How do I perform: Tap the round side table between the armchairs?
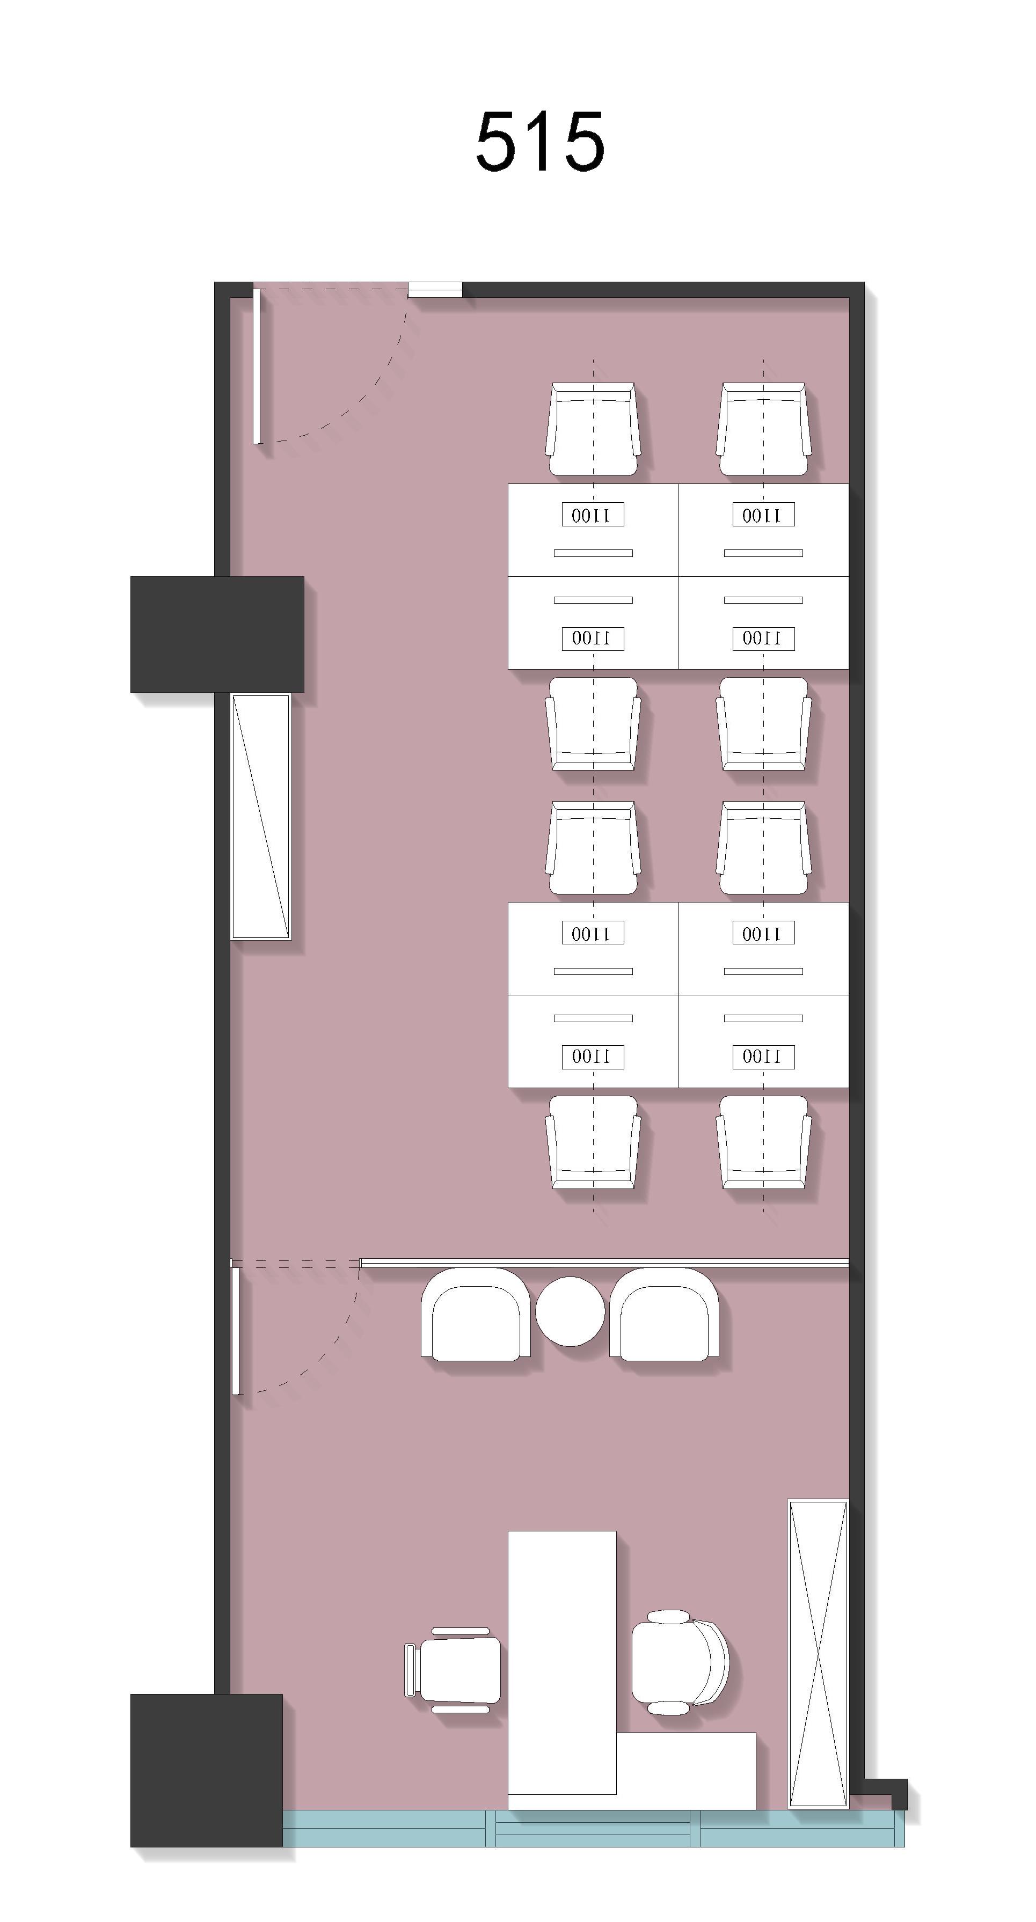coord(570,1311)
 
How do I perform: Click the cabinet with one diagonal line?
coord(260,816)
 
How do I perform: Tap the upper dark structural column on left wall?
coord(217,634)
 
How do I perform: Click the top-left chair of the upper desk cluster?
coord(593,429)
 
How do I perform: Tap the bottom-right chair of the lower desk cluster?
coord(763,1142)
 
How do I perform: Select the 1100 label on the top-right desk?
coord(763,515)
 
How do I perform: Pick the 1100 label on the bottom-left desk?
coord(593,1057)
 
